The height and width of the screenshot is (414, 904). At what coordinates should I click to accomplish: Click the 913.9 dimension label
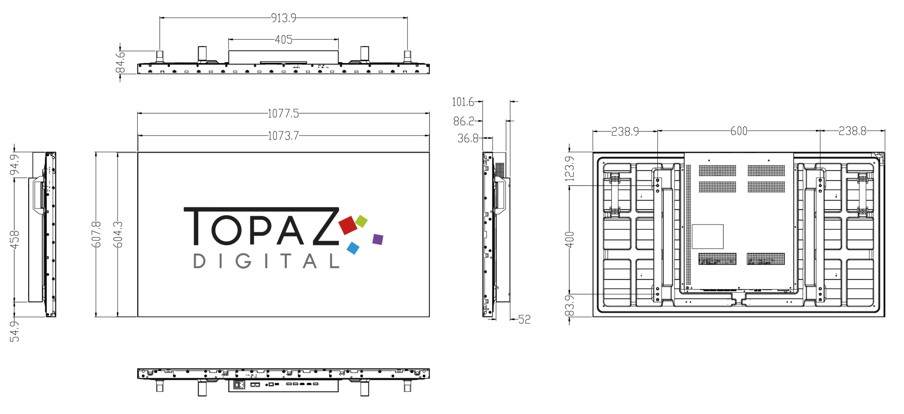(283, 18)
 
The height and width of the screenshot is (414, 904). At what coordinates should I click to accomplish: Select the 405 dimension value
(283, 40)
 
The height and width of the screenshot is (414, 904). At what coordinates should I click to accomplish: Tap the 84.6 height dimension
(120, 62)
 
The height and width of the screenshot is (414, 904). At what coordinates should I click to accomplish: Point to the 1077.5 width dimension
(283, 114)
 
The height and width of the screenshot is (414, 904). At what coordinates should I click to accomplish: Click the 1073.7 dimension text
(283, 136)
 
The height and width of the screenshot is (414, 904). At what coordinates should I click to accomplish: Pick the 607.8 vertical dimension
(96, 234)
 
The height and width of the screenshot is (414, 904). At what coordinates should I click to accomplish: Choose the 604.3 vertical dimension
(118, 234)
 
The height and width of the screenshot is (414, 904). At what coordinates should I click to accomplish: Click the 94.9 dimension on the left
(15, 164)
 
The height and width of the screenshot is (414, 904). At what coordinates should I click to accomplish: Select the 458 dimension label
(15, 239)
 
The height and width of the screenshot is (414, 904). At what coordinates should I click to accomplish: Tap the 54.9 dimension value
(15, 331)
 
